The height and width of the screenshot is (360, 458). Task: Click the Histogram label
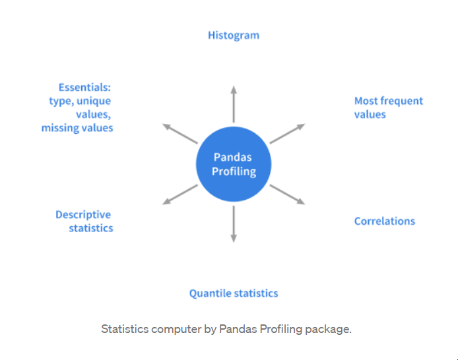234,36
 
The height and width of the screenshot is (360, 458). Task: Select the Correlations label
384,221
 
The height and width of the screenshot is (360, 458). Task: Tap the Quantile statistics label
234,293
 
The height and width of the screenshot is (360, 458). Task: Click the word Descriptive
83,215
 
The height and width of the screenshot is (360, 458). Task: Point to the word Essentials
84,87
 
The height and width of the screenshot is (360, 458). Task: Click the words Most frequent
389,101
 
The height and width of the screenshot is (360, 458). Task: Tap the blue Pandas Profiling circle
234,164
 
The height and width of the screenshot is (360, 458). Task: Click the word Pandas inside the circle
232,157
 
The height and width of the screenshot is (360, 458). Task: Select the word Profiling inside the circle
234,171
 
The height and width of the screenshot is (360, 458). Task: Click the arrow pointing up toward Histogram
234,104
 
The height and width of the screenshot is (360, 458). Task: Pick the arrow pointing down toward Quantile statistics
234,224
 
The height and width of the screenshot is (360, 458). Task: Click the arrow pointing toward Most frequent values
288,134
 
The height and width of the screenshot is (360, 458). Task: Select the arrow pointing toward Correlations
288,195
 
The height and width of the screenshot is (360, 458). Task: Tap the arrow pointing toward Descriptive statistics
180,195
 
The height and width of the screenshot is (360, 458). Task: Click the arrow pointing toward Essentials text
180,134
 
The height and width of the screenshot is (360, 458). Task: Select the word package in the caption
328,330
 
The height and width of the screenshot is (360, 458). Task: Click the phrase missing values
77,128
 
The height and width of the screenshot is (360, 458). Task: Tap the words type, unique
80,102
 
